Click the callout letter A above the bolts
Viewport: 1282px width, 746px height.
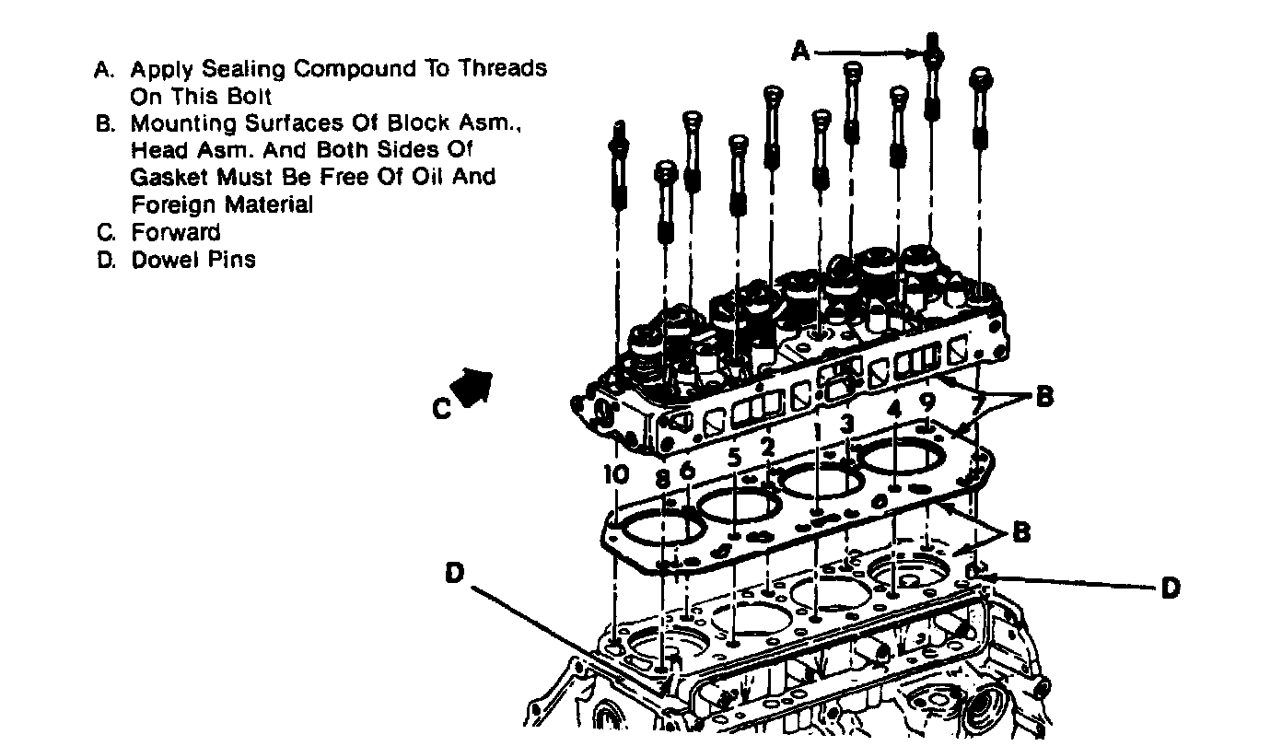[x=802, y=52]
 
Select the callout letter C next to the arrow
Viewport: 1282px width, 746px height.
[x=443, y=408]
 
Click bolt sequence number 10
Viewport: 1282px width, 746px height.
[x=616, y=474]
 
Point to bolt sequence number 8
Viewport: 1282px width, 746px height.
[x=663, y=478]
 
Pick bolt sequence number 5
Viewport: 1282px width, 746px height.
[x=734, y=457]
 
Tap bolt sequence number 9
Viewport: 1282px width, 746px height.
[x=928, y=402]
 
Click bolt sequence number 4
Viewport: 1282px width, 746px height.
[x=894, y=406]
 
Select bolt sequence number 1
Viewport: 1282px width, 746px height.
[x=816, y=430]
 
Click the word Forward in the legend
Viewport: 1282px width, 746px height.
[x=176, y=232]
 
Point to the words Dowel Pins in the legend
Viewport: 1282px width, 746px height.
[x=193, y=260]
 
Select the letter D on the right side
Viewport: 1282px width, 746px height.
[x=1170, y=588]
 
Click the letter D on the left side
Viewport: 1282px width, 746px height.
[x=454, y=573]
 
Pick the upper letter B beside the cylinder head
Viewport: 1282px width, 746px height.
[x=1044, y=397]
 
